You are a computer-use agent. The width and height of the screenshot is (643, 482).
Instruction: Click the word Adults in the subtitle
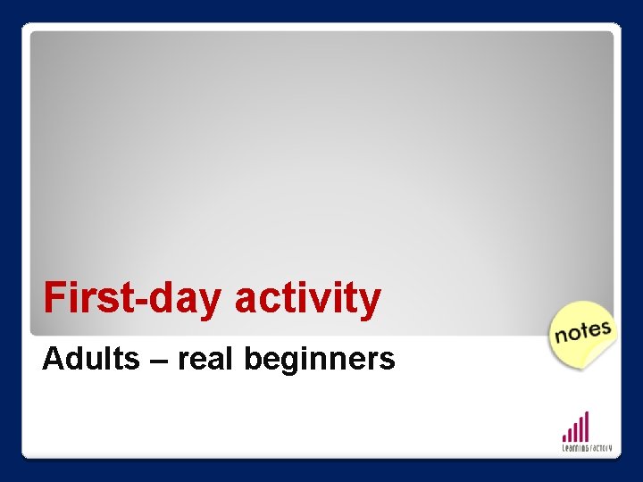90,359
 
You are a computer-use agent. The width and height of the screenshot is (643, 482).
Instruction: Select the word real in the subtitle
205,359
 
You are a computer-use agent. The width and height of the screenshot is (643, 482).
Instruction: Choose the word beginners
319,360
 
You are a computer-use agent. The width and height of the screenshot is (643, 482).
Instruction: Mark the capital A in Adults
52,359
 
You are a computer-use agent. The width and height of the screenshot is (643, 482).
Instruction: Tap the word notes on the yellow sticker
582,331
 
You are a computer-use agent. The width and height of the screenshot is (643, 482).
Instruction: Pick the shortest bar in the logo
564,436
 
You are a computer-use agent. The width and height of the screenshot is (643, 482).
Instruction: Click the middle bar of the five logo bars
576,430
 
